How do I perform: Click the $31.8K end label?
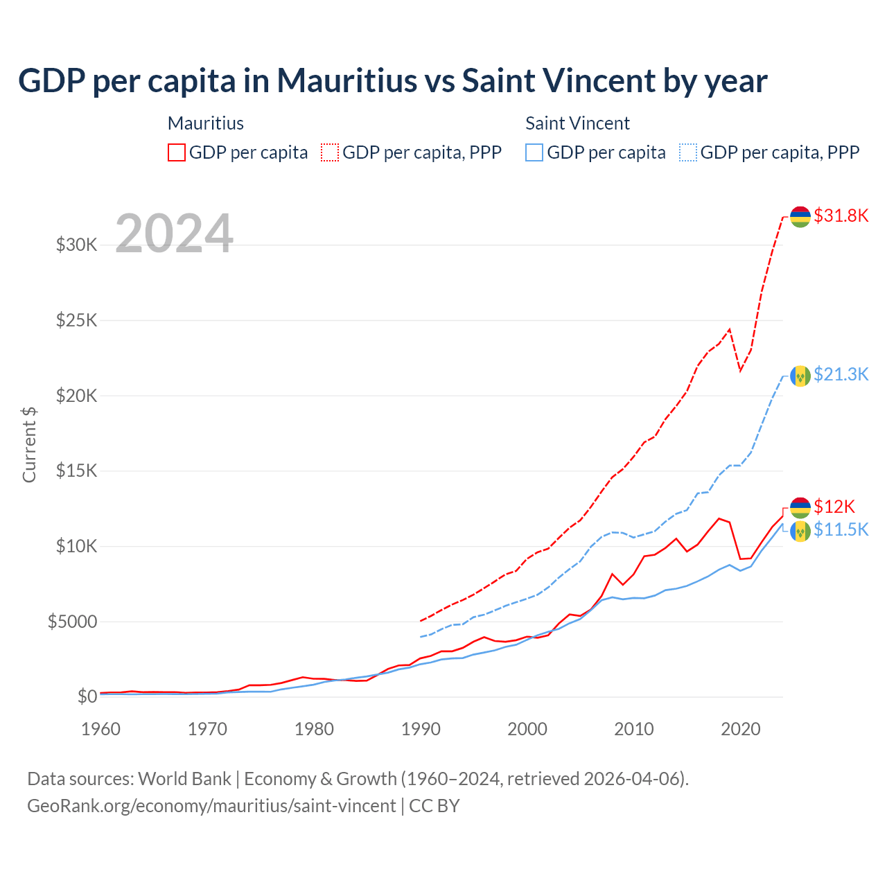click(x=841, y=216)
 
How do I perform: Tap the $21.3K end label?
click(x=841, y=374)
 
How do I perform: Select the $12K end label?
click(x=834, y=506)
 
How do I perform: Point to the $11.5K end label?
click(x=841, y=529)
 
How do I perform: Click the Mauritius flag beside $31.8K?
click(x=800, y=217)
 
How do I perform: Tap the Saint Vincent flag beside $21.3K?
click(x=800, y=376)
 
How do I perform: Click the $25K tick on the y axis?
click(x=76, y=320)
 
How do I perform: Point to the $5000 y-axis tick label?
click(x=72, y=622)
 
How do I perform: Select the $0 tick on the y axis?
click(x=87, y=696)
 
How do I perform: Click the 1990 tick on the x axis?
click(x=421, y=729)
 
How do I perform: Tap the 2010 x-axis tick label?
click(x=634, y=729)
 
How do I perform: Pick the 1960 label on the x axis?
click(x=101, y=729)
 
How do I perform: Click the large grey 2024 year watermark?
click(x=175, y=234)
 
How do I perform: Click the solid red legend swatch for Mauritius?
click(x=177, y=152)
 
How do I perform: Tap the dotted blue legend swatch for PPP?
click(x=688, y=152)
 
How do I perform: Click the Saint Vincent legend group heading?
click(x=577, y=123)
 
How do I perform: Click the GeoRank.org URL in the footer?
click(x=211, y=806)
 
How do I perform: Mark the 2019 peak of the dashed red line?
click(x=730, y=330)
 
